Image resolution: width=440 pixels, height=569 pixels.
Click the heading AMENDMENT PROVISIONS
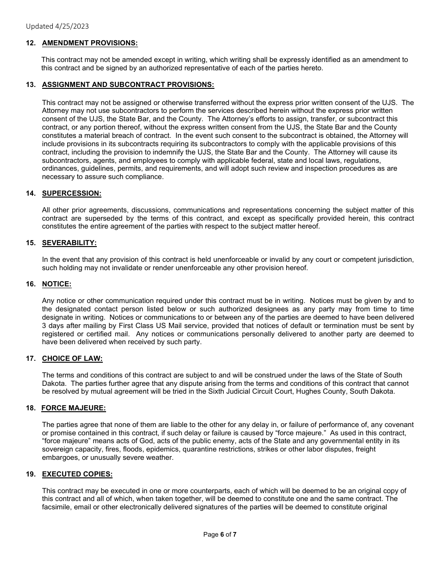coord(90,43)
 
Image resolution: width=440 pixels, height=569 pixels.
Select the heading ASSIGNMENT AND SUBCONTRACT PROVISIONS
coord(128,85)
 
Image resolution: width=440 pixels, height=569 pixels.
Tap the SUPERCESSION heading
coord(71,193)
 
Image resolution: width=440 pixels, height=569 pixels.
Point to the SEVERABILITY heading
coord(69,243)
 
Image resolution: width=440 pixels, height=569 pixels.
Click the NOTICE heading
coord(57,284)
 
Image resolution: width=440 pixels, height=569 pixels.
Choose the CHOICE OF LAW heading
coord(72,359)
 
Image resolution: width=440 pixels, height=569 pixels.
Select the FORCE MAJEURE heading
coord(74,408)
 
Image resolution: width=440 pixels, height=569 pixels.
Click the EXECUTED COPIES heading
coord(77,474)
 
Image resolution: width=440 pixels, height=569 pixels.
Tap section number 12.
coord(31,43)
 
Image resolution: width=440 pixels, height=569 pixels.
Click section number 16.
coord(31,284)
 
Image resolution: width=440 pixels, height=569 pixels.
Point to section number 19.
coord(31,474)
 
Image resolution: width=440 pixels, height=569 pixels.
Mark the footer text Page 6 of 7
coord(220,535)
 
